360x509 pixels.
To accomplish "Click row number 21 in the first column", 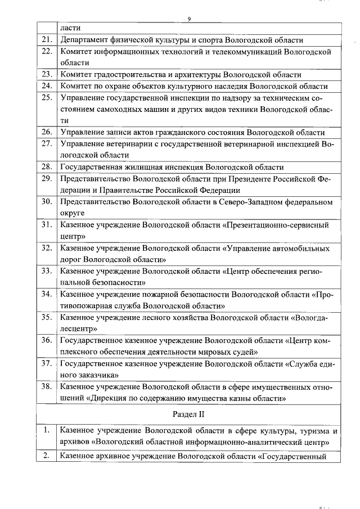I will coord(47,40).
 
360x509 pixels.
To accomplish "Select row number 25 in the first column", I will coord(47,97).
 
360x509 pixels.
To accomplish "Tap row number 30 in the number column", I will coord(47,202).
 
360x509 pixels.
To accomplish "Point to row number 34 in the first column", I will coord(47,294).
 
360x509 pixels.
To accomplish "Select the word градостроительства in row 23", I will coord(137,74).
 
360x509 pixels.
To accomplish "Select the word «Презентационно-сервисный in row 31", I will coord(275,225).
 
